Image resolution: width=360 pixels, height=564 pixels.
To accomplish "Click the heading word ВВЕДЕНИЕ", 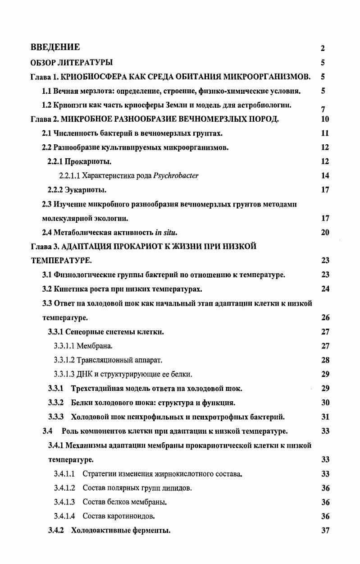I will point(55,47).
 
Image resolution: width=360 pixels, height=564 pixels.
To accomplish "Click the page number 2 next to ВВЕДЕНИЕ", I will point(323,48).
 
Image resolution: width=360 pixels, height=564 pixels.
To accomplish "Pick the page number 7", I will point(323,110).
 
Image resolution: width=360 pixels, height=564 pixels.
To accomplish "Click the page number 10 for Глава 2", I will point(325,119).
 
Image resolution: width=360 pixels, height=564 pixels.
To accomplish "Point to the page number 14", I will point(325,176).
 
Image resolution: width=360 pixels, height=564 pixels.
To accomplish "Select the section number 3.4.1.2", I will point(64,488).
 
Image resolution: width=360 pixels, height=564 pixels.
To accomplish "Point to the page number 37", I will point(325,531).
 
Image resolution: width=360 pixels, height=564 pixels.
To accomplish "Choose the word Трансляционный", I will point(104,360).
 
